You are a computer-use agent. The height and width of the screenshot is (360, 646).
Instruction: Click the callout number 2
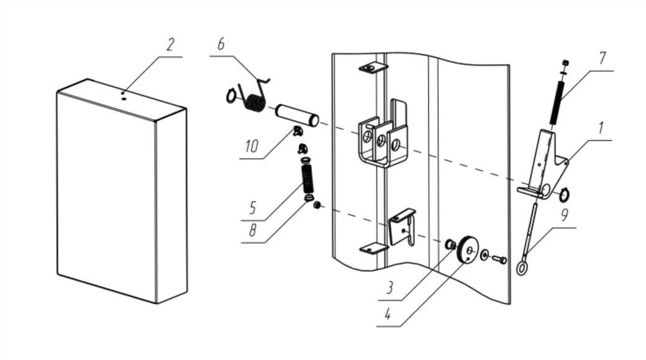click(x=170, y=45)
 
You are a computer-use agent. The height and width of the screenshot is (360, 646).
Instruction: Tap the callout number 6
click(x=221, y=43)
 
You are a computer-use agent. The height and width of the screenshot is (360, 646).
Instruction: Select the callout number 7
click(x=603, y=58)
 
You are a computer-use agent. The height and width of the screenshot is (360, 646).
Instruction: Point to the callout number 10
click(x=252, y=146)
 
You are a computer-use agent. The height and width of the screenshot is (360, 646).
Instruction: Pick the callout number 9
click(x=565, y=215)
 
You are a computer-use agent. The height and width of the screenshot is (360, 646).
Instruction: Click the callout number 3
click(x=389, y=288)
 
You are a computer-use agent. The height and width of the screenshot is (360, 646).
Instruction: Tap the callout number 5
click(x=253, y=209)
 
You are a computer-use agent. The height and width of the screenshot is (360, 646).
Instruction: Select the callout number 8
click(x=252, y=231)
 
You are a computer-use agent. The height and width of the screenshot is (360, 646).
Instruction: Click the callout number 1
click(x=601, y=128)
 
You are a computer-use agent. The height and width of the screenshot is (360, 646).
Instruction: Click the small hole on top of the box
click(x=123, y=99)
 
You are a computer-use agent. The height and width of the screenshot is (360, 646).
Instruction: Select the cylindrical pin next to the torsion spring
click(x=297, y=115)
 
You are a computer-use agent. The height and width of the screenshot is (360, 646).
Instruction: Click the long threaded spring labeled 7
click(x=555, y=102)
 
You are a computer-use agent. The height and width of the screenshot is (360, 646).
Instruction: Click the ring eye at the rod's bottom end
click(x=522, y=269)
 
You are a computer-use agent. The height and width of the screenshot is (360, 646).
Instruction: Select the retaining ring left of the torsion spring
click(x=231, y=96)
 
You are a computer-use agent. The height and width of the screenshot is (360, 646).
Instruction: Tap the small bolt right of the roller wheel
click(x=499, y=259)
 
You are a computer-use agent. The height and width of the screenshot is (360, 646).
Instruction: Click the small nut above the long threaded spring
click(x=566, y=63)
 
